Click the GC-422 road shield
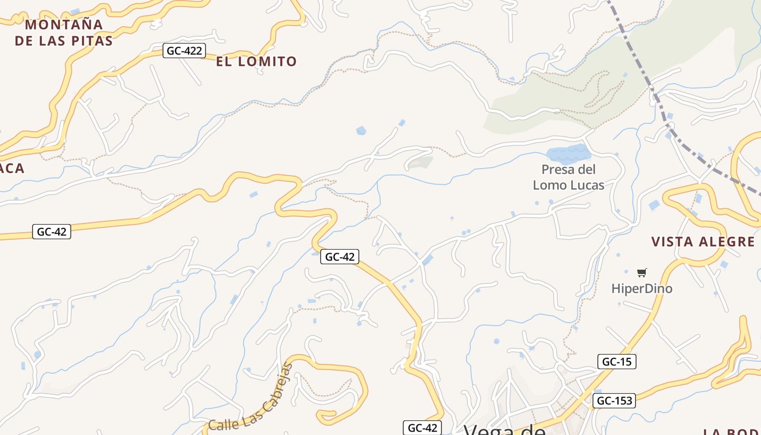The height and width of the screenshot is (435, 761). pos(184,51)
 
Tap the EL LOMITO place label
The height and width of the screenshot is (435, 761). pos(256,61)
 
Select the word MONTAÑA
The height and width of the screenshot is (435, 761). pos(64,24)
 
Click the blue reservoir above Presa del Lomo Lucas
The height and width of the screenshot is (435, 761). pos(567,153)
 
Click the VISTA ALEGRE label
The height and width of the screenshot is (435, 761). pos(703,242)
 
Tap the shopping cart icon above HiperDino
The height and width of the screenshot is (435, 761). pos(642,272)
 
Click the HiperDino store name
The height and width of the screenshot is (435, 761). pos(641,289)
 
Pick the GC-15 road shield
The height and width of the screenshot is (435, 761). pos(616,362)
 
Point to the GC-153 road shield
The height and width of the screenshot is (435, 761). pos(614,401)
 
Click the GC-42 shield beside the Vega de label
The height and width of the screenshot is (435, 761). pos(422,428)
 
